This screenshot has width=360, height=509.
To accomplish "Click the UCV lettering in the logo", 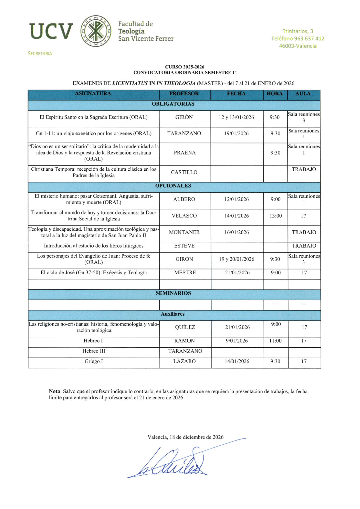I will click(x=51, y=31).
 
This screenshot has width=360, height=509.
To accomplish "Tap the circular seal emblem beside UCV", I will click(x=96, y=31).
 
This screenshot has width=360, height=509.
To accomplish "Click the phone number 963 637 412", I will click(x=309, y=39).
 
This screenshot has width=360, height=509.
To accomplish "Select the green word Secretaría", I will click(x=40, y=53).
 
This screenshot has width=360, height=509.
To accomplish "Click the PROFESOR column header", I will click(x=184, y=94).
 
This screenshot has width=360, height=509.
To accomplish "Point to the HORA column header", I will click(x=274, y=94).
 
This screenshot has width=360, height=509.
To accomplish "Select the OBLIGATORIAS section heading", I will click(x=173, y=104).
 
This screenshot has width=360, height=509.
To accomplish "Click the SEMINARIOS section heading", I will click(x=173, y=293).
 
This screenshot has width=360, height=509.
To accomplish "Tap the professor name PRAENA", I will click(x=185, y=153).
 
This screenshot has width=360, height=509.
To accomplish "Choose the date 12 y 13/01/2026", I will click(x=236, y=117).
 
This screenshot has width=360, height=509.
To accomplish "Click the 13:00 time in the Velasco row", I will click(x=276, y=216).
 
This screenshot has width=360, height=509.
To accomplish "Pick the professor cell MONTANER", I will click(x=184, y=232).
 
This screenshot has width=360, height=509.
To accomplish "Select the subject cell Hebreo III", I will click(x=94, y=351).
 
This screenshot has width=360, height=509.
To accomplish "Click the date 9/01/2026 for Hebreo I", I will click(x=237, y=341).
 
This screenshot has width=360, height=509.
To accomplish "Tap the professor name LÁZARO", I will click(x=185, y=361).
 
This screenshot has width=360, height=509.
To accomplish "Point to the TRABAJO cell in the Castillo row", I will click(x=304, y=169).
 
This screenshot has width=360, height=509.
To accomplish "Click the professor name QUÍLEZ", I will click(x=185, y=327).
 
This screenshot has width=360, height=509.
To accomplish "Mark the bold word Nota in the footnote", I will click(x=55, y=391).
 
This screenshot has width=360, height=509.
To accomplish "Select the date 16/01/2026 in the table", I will click(x=237, y=232).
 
